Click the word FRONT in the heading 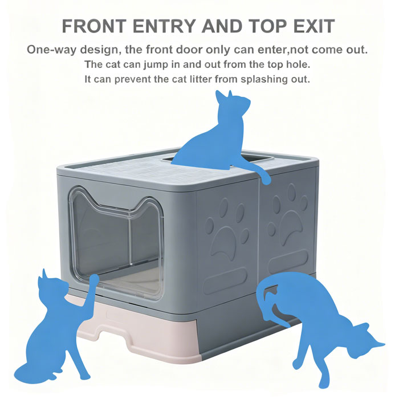click(94, 26)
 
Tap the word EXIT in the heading click(313, 26)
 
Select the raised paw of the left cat click(94, 279)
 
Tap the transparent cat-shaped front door click(116, 242)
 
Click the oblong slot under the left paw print click(226, 281)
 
